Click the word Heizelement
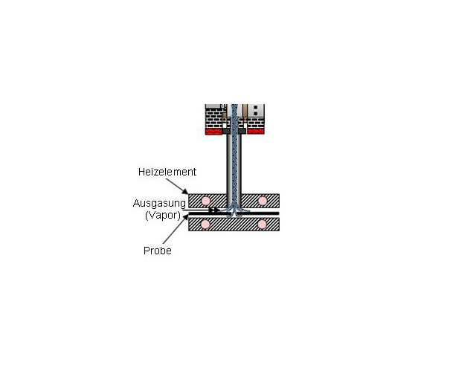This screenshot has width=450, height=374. pos(167,172)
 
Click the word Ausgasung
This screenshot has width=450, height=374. pos(159,203)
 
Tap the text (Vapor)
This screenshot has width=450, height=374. pos(163,215)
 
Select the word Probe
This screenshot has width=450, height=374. pos(158,251)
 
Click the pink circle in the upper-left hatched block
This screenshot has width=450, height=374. pos(205,201)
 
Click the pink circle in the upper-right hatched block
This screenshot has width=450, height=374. pos(263,201)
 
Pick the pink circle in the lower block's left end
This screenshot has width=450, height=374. pos(205,225)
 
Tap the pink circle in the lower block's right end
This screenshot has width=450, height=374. pos(262,225)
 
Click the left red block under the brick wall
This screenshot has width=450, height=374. pos(213,132)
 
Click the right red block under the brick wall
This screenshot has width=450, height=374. pos(256,132)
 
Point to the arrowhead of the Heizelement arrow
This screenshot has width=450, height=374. pos(185,191)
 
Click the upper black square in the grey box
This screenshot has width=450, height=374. pos(256,108)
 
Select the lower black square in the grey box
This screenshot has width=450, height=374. pos(256,114)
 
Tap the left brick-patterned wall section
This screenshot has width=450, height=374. pos(214,118)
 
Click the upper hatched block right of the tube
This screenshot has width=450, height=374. pos(260,201)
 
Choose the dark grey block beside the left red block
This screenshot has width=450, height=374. pos(226,132)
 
